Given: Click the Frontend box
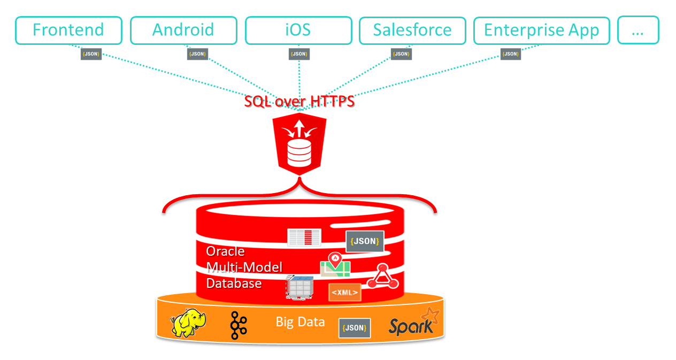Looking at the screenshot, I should coord(68,30).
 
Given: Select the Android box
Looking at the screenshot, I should coord(183,30).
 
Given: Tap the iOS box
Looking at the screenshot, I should coord(298,30).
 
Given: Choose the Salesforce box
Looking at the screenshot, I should coord(412,30).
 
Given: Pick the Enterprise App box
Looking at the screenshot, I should coord(541,30).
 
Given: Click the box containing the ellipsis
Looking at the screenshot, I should coord(638,30).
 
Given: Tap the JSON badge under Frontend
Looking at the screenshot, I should coord(91,54).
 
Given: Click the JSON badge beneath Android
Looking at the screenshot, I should coord(197,54).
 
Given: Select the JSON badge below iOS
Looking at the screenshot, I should coord(299,54).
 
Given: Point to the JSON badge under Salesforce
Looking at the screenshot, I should coord(401,54).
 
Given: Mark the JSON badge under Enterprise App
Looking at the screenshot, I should coord(511,54).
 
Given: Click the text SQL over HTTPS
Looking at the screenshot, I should coord(299,101).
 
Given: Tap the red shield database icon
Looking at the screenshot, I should coord(299,142).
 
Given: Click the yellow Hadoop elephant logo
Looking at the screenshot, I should coord(188,322).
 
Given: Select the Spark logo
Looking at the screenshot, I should coord(413,323).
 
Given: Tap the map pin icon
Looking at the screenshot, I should coord(335,261).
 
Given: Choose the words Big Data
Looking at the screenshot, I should coord(300,321).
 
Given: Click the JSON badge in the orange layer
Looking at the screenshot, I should coord(355,328).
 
